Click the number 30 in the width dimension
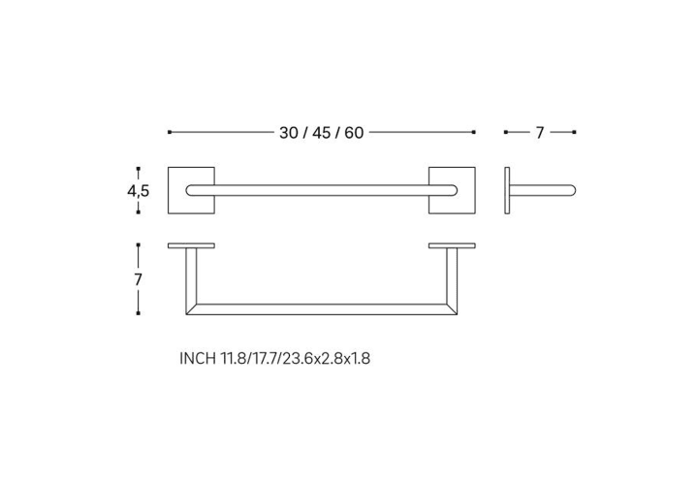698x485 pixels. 289,133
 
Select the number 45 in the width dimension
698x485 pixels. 321,133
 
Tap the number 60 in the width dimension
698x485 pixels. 354,133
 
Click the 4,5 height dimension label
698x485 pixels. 138,191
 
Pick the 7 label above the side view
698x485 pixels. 540,133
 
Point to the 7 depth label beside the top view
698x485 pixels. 138,279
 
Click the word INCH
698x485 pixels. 198,358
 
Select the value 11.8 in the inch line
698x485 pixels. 234,358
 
